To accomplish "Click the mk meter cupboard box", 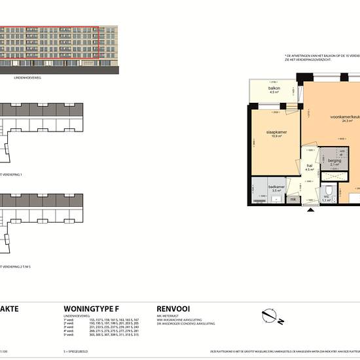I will pos(293,198).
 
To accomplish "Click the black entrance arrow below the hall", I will pos(308,208).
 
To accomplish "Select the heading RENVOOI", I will pos(173,308).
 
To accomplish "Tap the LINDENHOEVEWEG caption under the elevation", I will pos(27,77).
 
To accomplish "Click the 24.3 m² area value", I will pos(346,121).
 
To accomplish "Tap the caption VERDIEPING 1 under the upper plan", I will pos(13,175).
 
